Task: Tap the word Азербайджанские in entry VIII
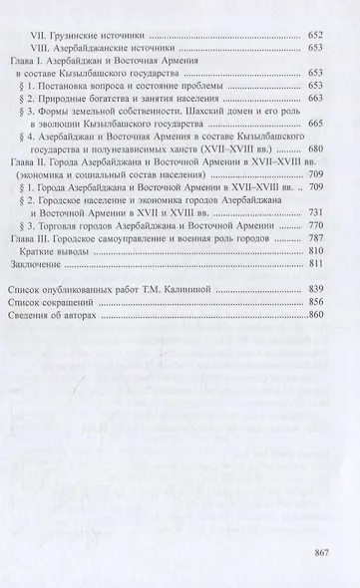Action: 111,46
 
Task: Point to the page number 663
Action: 317,101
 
